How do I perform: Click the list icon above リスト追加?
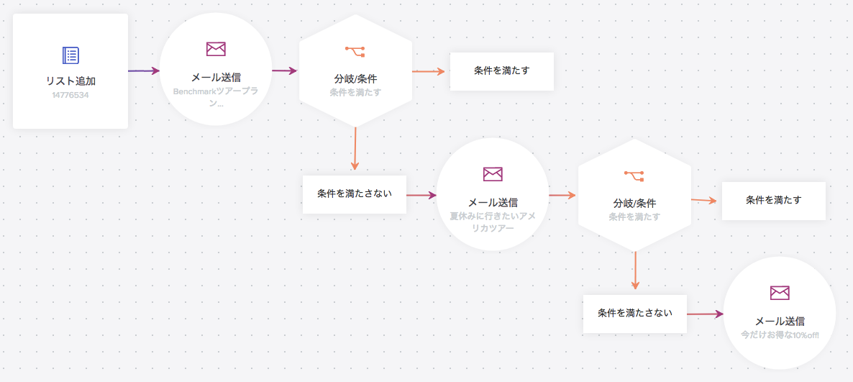coord(70,55)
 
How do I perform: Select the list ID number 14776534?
coord(70,95)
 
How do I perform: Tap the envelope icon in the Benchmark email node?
coord(216,49)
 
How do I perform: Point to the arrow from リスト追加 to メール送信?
coord(143,71)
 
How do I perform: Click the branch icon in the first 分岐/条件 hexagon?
coord(355,50)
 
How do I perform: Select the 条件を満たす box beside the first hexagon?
coord(502,71)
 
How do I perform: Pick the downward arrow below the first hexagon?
coord(355,150)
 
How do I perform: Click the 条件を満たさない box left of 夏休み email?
coord(355,194)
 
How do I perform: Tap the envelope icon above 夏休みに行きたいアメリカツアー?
coord(493,174)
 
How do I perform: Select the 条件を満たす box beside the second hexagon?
coord(773,200)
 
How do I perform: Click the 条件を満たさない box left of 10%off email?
coord(635,314)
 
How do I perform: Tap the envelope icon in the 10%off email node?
coord(780,293)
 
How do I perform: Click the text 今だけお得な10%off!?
coord(780,335)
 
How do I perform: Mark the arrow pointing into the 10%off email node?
coord(705,314)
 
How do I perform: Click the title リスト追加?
coord(70,81)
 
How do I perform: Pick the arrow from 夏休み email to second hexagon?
coord(562,194)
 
